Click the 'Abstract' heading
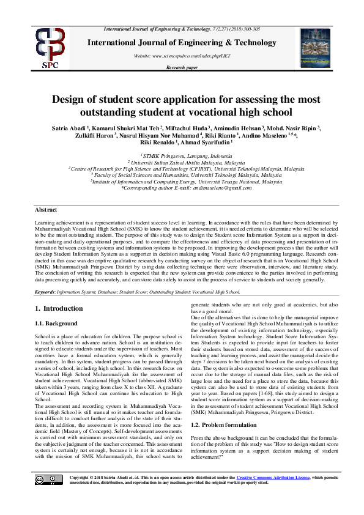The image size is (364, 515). coord(46,209)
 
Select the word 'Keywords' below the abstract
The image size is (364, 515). coord(48,292)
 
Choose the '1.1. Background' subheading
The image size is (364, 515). coord(56,323)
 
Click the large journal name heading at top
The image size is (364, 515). coord(182,42)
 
